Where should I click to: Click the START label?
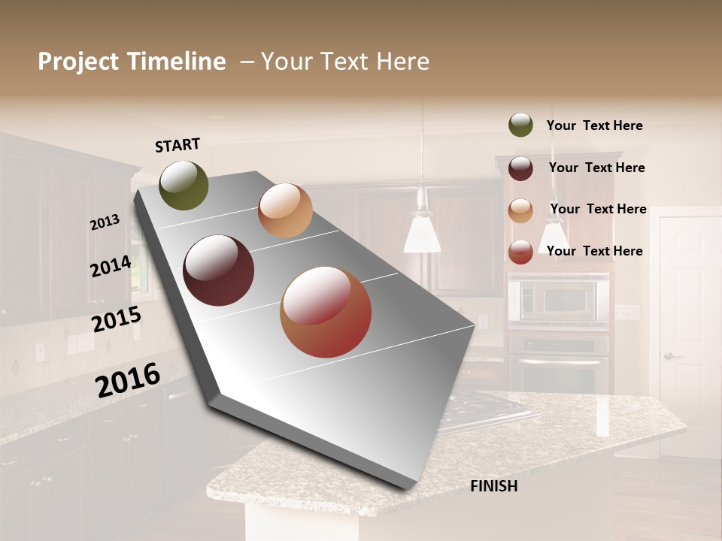[x=177, y=145]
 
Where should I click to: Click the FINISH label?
[x=493, y=486]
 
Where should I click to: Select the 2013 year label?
[x=105, y=222]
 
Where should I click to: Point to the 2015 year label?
[x=116, y=319]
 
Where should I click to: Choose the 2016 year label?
[x=128, y=380]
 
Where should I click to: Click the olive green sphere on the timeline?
[x=184, y=185]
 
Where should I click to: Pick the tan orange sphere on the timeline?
[x=285, y=210]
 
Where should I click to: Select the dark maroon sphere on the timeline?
[x=218, y=270]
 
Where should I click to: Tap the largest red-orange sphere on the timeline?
[x=326, y=312]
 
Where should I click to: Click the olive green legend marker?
[x=520, y=125]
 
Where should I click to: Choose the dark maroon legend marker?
[x=520, y=168]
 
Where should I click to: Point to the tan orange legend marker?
[x=520, y=210]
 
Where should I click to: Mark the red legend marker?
[x=520, y=252]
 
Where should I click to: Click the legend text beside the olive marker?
[x=594, y=125]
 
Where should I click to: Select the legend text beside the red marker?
[x=594, y=251]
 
